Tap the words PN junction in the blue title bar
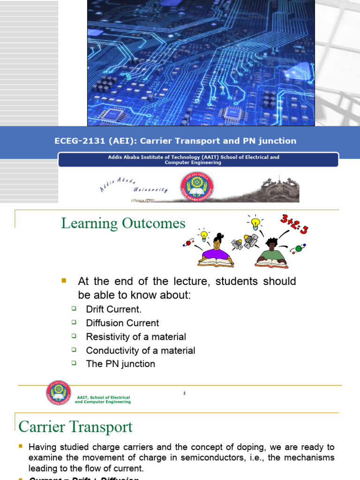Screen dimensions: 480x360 [x=272, y=141]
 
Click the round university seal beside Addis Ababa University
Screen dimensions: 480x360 [x=197, y=184]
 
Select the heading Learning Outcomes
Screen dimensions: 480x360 [x=123, y=224]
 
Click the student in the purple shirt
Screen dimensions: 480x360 [x=217, y=251]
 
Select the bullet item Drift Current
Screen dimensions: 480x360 [x=113, y=309]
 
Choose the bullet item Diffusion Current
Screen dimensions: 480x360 [x=122, y=323]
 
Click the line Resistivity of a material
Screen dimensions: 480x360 [x=136, y=337]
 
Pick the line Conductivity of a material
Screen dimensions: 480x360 [x=141, y=350]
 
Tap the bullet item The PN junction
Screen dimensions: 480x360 [x=120, y=364]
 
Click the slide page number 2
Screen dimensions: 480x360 [x=185, y=393]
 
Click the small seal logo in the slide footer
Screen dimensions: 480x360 [x=59, y=393]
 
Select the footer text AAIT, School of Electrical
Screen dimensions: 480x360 [x=103, y=397]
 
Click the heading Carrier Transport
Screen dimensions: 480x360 [x=75, y=427]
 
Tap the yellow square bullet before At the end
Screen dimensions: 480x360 [x=65, y=281]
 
